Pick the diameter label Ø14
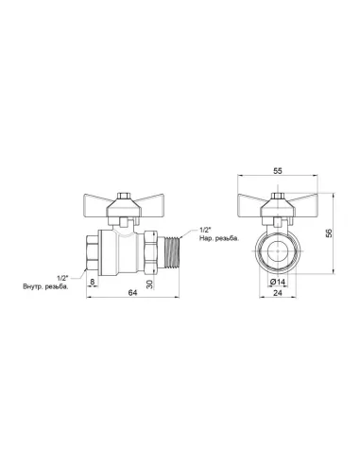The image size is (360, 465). click(278, 282)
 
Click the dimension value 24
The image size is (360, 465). click(278, 293)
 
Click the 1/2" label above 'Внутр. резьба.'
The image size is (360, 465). click(61, 276)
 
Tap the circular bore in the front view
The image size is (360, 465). click(277, 253)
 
